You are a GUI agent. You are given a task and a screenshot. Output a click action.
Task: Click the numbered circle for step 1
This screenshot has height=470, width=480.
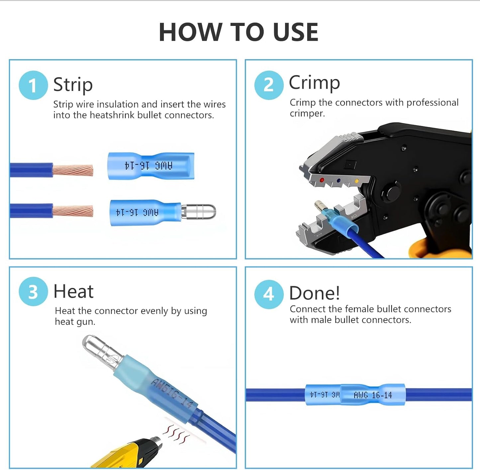33,85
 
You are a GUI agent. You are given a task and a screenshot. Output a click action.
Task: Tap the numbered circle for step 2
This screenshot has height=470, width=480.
269,85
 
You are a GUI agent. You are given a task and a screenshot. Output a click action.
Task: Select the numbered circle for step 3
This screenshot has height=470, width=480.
33,291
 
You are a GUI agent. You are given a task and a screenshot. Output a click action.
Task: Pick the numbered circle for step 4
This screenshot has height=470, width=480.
269,294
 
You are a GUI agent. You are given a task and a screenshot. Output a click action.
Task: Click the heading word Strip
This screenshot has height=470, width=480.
73,85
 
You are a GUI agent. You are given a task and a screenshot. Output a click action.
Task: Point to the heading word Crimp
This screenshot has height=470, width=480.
314,83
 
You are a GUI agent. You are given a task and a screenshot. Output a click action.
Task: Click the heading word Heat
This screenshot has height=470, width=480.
73,291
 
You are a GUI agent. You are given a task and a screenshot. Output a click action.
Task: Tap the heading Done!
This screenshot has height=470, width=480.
314,293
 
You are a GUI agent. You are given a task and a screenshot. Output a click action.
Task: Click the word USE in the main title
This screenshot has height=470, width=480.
296,32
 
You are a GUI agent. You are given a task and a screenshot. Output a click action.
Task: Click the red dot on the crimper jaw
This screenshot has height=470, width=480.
322,180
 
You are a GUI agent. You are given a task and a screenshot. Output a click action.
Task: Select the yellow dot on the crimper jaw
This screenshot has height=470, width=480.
357,181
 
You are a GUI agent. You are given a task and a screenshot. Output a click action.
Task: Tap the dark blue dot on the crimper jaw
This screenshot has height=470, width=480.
338,180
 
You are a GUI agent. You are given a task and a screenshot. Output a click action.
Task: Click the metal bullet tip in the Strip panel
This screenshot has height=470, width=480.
199,212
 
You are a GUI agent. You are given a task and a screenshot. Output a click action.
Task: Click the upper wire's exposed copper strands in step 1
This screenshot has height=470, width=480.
73,170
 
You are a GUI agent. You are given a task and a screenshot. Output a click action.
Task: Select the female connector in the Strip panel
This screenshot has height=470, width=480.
151,166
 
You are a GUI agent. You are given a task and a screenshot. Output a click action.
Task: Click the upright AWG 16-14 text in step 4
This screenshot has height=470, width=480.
373,395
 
